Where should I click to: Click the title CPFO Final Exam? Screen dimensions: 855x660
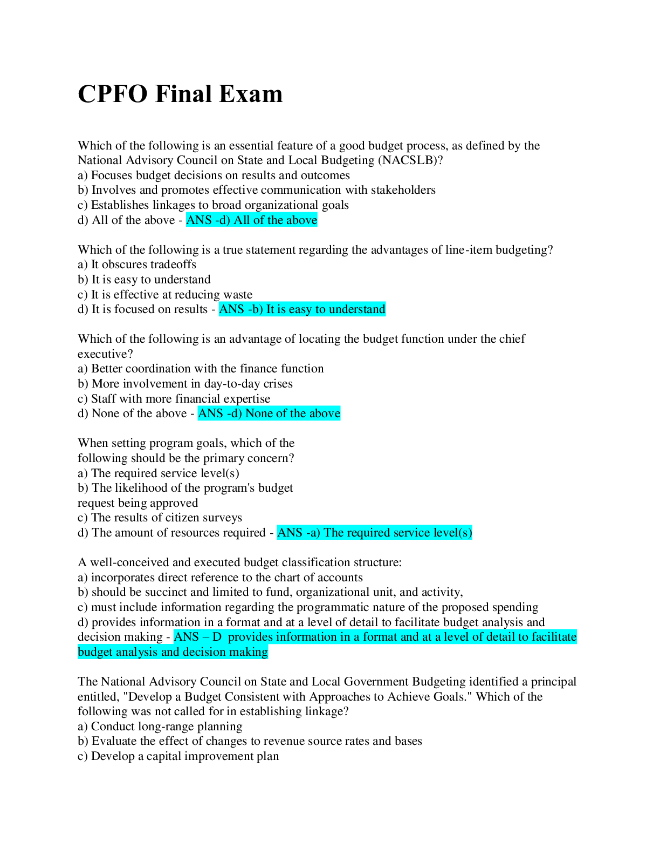coord(180,94)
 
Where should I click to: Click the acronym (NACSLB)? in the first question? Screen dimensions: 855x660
coord(411,160)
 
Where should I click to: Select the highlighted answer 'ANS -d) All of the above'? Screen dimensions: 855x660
coord(252,220)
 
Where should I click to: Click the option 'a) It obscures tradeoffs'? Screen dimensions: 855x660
coord(137,264)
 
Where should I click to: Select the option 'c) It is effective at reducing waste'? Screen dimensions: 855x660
coord(165,295)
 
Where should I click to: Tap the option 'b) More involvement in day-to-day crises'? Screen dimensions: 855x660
coord(185,384)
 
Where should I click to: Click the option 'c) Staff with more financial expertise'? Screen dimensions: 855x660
coord(174,399)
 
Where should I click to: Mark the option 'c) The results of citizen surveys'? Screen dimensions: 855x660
coord(160,518)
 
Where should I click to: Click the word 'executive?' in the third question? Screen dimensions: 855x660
coord(105,354)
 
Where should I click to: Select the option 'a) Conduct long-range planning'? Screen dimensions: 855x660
coord(160,727)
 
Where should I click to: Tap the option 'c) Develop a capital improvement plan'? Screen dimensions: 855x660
coord(178,756)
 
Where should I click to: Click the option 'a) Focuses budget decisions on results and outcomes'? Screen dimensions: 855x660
coord(214,175)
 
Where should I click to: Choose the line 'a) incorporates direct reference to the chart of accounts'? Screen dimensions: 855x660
coord(220,578)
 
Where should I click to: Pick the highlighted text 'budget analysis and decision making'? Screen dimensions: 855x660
coord(173,652)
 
